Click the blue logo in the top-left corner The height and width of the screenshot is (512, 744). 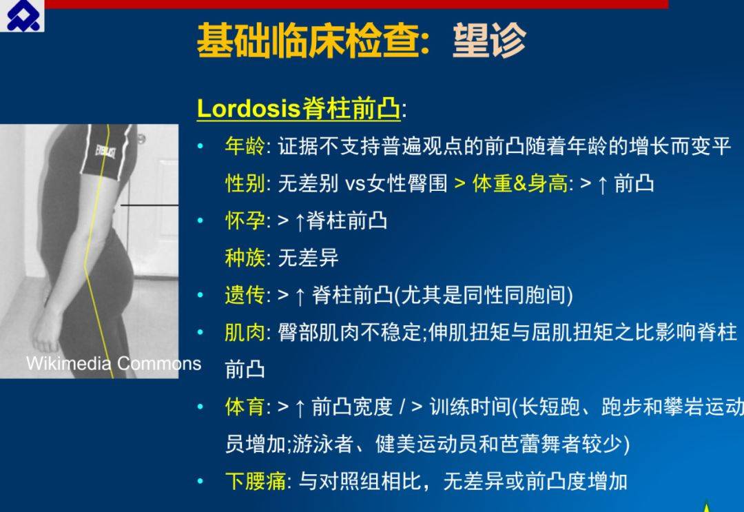tap(22, 15)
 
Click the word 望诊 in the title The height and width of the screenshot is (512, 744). tap(489, 41)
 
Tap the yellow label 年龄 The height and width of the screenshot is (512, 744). tap(245, 145)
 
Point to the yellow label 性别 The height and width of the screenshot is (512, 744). tap(245, 183)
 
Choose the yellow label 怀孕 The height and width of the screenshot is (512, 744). tap(245, 221)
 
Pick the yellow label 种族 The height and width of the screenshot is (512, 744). tap(245, 258)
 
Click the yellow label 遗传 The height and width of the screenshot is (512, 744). tap(245, 295)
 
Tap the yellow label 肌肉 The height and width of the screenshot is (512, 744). tap(245, 332)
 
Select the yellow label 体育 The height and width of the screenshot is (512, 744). tap(245, 407)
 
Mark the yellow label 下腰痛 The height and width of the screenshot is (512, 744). tap(256, 481)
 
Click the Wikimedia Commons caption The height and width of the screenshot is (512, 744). tap(114, 363)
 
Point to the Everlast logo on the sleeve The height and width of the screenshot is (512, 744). tap(105, 152)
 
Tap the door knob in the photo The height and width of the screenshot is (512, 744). tap(141, 139)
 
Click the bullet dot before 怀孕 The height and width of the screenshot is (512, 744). tap(200, 221)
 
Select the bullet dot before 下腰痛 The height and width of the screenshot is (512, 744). tap(200, 481)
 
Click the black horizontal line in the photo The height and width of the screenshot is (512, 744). tap(149, 205)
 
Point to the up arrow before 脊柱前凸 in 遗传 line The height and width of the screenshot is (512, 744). tap(300, 296)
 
